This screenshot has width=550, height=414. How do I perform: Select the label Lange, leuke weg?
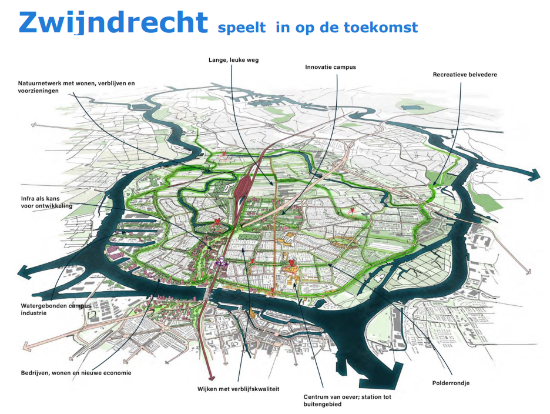tap(233, 59)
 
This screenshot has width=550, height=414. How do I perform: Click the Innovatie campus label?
tap(330, 67)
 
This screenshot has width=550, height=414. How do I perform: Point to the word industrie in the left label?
tap(32, 313)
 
